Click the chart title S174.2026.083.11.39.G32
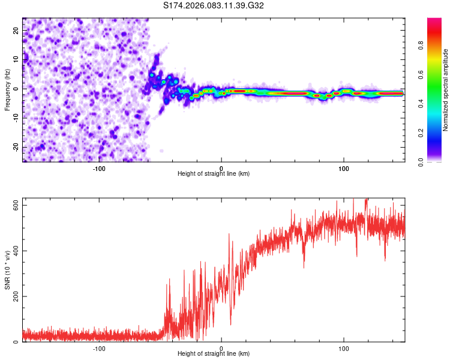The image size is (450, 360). click(214, 6)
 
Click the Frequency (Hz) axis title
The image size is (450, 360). click(8, 89)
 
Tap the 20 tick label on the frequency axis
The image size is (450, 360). click(16, 32)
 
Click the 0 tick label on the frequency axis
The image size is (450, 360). click(16, 89)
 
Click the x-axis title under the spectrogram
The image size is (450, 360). click(214, 173)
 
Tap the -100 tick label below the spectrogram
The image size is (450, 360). click(99, 168)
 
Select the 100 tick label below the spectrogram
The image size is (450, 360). click(344, 168)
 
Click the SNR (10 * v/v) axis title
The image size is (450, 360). click(8, 269)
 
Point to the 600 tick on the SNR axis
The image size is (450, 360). click(16, 205)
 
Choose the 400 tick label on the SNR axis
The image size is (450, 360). click(16, 251)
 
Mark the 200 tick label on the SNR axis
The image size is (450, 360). click(16, 296)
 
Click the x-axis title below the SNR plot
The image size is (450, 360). click(214, 353)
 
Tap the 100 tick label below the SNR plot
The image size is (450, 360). click(344, 348)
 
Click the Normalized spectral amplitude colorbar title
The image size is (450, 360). click(446, 89)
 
